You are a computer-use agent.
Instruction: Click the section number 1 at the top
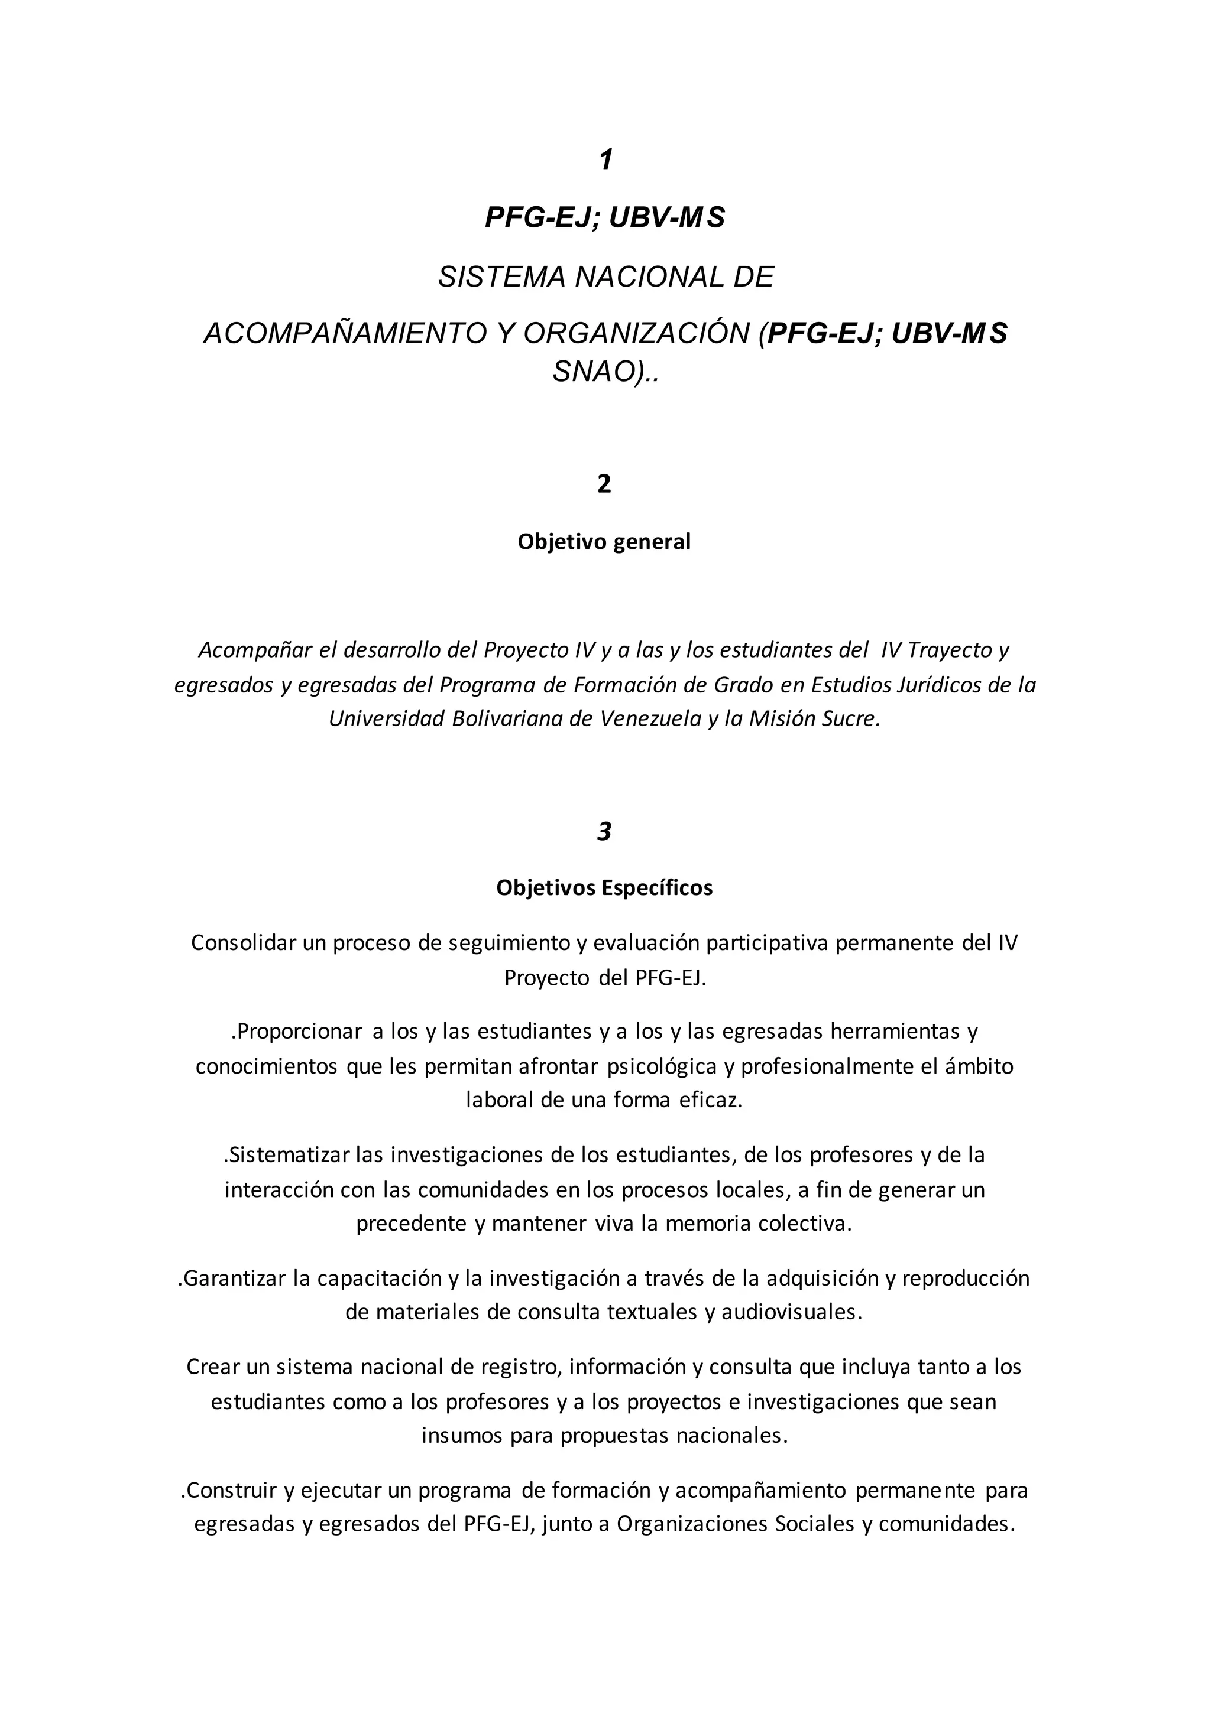pos(605,160)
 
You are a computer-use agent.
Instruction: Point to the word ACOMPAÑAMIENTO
pos(344,334)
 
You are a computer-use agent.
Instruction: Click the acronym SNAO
pos(593,372)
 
